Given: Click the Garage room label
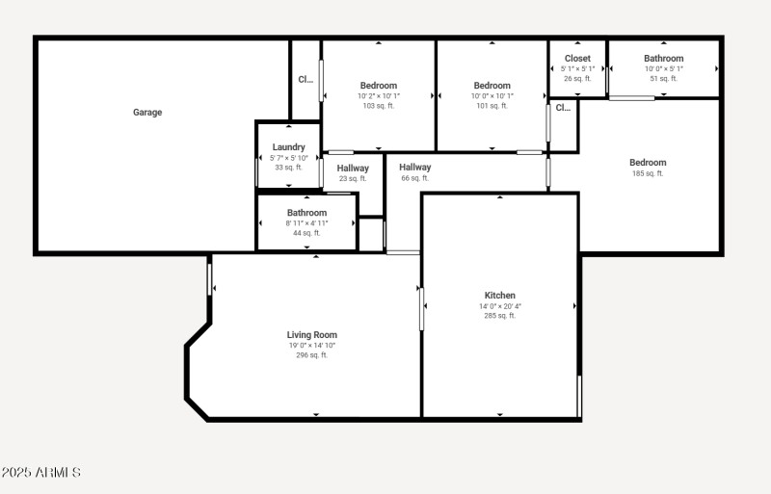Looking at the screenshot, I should [x=147, y=113].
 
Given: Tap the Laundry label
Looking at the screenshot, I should [x=288, y=147].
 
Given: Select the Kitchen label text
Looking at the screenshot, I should [x=499, y=296].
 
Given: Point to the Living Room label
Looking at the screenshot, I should [x=311, y=335].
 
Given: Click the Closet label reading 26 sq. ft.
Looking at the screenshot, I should [x=577, y=59].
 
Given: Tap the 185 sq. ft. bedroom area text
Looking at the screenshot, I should [x=648, y=174].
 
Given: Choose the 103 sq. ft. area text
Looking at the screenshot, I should [x=379, y=106].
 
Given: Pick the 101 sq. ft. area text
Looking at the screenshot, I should [x=492, y=106].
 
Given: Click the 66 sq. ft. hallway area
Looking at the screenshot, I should [x=414, y=178].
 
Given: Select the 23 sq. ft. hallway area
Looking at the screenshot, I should [x=353, y=178].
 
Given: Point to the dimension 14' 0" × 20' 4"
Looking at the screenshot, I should [x=499, y=306].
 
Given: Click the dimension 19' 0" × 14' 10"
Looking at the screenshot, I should [x=311, y=346].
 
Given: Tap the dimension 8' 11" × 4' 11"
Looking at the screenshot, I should [x=306, y=223].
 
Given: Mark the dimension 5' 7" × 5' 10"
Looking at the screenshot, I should [x=288, y=158].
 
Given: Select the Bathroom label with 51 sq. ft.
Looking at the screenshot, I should [x=663, y=59].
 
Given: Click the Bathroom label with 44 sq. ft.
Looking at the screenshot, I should [x=306, y=213].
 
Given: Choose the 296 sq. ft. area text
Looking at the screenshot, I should [x=311, y=355].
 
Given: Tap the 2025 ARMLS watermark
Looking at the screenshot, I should [x=40, y=473].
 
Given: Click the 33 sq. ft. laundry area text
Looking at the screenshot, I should [x=288, y=168].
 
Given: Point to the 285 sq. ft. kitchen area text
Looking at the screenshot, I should [x=499, y=316].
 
